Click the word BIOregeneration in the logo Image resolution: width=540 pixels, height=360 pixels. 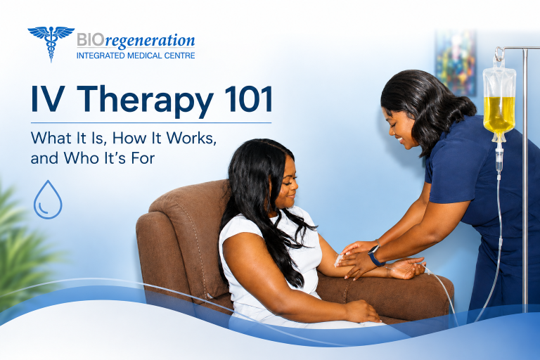(136, 41)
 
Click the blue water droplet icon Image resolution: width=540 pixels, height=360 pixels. (48, 200)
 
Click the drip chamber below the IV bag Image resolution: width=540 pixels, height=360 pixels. (499, 161)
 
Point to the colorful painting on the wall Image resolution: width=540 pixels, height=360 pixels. (456, 63)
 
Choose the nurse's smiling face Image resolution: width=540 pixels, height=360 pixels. (401, 129)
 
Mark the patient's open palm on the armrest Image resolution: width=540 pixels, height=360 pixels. (406, 268)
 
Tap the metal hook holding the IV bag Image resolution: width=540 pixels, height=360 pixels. (499, 54)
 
